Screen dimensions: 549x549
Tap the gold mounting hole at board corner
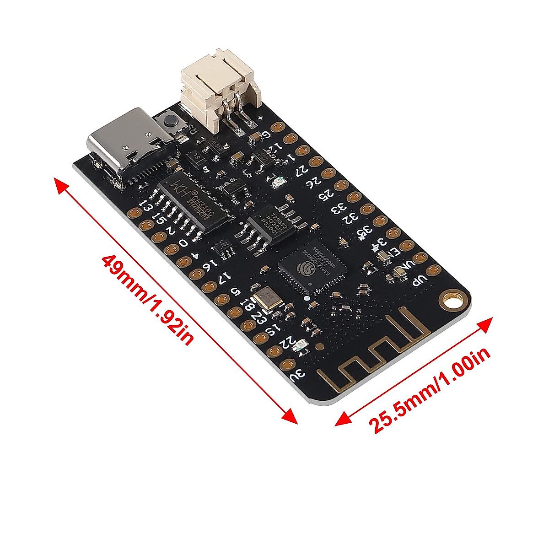point(452,300)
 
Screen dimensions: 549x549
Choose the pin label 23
point(259,318)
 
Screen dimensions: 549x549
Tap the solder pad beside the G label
point(276,126)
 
